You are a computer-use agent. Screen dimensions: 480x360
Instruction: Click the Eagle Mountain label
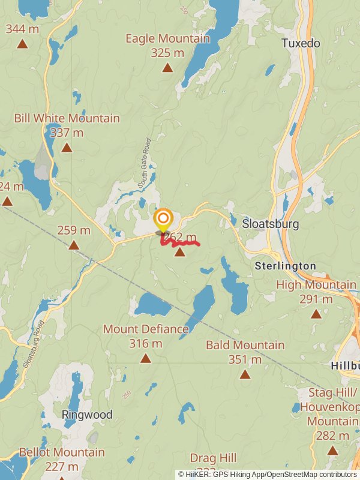(x=167, y=39)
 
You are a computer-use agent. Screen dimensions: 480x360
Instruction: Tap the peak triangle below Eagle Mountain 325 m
(x=167, y=67)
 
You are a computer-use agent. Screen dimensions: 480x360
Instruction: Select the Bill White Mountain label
(x=67, y=118)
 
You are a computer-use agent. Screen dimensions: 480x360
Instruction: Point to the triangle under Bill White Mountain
(x=67, y=147)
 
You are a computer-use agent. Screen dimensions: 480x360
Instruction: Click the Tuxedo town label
(x=301, y=43)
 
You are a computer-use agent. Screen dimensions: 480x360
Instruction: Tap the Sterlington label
(x=285, y=265)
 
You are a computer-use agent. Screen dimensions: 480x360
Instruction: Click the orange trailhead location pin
(x=163, y=219)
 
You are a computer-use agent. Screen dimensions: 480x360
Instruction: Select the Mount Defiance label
(x=146, y=329)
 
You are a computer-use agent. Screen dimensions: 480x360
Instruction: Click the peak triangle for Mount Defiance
(x=145, y=358)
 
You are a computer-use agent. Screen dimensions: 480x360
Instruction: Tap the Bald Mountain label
(x=245, y=345)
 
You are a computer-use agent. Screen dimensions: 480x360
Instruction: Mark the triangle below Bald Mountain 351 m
(x=245, y=374)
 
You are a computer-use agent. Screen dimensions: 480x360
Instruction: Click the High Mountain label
(x=316, y=285)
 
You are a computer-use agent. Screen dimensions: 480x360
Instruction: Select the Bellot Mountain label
(x=62, y=452)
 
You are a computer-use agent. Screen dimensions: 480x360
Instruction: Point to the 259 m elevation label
(x=74, y=230)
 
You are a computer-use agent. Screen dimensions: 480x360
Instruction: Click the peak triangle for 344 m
(x=22, y=43)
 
